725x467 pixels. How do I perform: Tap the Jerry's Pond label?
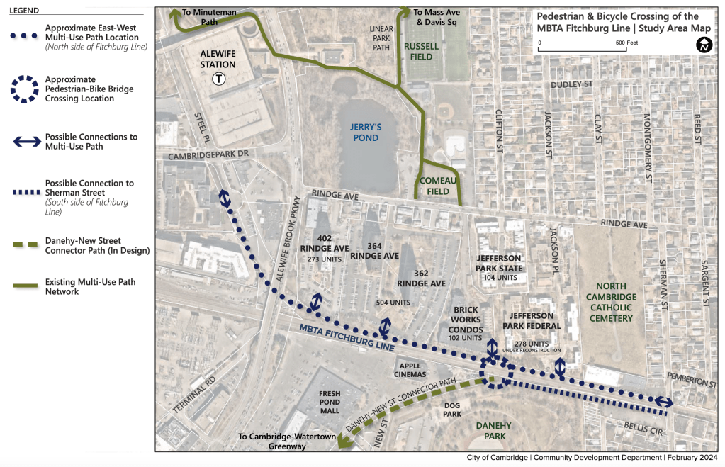pyautogui.click(x=366, y=133)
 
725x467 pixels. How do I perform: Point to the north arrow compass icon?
pyautogui.click(x=704, y=45)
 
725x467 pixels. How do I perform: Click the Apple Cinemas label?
pyautogui.click(x=412, y=369)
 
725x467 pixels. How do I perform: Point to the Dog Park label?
pyautogui.click(x=453, y=409)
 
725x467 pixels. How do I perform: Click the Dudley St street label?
pyautogui.click(x=575, y=84)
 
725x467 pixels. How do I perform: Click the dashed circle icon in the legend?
pyautogui.click(x=26, y=89)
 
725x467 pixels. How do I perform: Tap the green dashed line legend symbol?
pyautogui.click(x=26, y=245)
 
